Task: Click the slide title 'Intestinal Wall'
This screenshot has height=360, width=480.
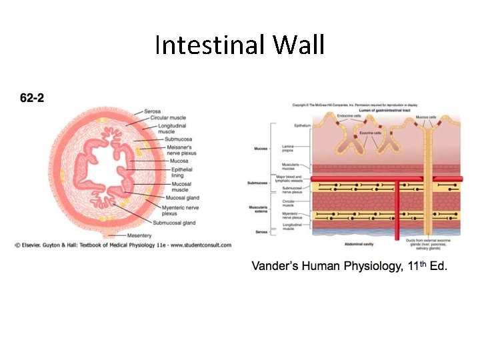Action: click(x=240, y=45)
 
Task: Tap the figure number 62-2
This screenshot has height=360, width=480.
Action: click(x=32, y=98)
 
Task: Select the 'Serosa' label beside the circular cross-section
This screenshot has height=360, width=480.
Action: click(x=152, y=111)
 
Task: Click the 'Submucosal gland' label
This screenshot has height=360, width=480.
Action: click(x=174, y=223)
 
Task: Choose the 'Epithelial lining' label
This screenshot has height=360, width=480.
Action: click(x=181, y=173)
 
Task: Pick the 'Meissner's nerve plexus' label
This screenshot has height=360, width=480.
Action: click(x=180, y=150)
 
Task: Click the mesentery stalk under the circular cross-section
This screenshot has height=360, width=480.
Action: click(x=113, y=234)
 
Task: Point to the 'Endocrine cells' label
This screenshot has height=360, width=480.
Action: click(x=350, y=116)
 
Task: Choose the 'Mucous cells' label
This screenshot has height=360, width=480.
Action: click(x=426, y=117)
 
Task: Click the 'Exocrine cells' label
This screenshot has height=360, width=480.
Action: click(x=370, y=132)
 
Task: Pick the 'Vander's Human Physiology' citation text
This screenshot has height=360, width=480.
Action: click(x=349, y=266)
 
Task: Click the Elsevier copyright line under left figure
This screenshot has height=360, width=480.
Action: click(x=123, y=245)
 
